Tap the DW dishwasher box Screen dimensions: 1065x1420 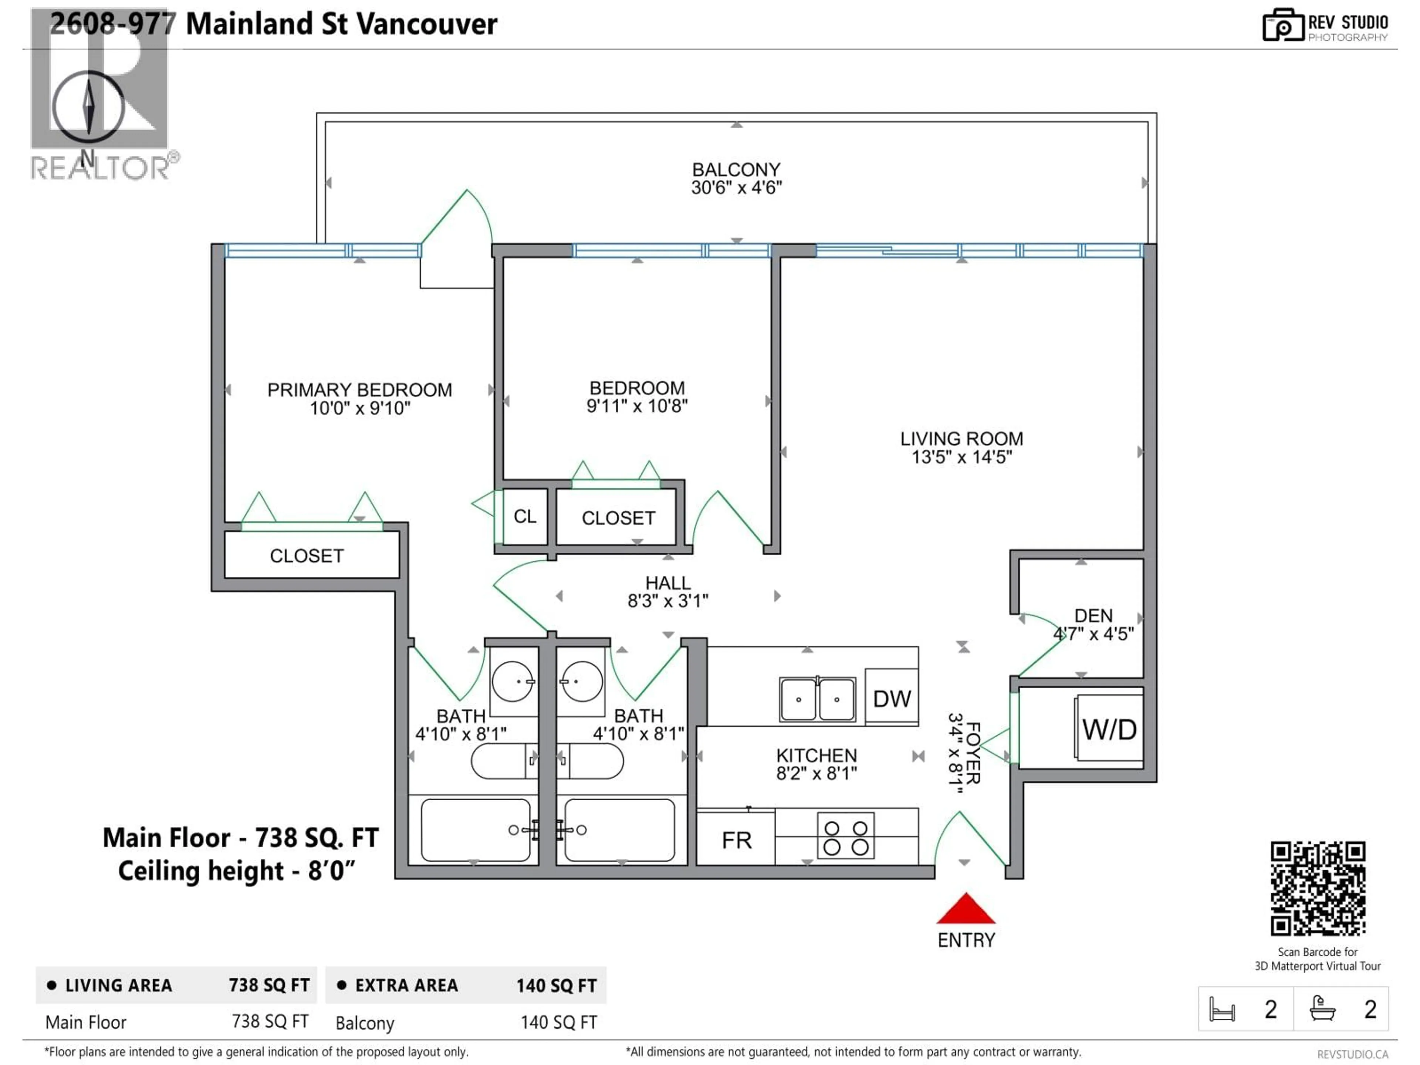tap(892, 699)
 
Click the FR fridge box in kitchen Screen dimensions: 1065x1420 tap(736, 840)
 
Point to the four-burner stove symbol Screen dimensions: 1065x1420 tap(845, 837)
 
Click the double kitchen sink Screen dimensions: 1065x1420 tap(817, 699)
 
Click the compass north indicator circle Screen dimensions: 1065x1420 tap(89, 107)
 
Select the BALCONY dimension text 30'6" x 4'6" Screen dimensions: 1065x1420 tap(736, 187)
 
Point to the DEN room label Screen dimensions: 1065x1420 tap(1093, 616)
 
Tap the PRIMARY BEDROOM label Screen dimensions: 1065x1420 tap(359, 390)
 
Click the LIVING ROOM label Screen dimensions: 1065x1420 tap(961, 439)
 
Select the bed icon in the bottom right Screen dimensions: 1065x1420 tap(1222, 1009)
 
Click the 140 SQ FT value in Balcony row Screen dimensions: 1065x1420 tap(558, 1022)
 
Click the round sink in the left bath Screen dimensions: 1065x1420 tap(512, 681)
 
